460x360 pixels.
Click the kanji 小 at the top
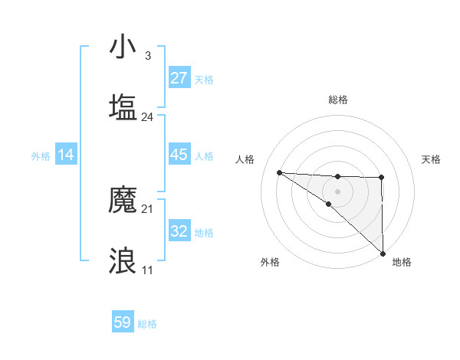pos(123,47)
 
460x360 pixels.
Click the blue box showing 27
pos(179,78)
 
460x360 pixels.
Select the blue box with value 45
pos(179,155)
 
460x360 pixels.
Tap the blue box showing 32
pos(179,231)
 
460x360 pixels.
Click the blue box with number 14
pos(66,155)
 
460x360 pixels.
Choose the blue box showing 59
pos(123,322)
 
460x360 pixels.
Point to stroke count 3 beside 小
pos(147,56)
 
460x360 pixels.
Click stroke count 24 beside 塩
pos(147,117)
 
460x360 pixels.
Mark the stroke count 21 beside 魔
pos(147,209)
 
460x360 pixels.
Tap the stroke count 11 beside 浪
pos(147,270)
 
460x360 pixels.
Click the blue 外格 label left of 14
pos(41,155)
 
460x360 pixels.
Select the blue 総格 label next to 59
pos(147,324)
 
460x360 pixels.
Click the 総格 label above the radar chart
pos(337,100)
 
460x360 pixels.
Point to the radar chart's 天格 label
pos(431,159)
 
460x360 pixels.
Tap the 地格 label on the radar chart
pos(402,262)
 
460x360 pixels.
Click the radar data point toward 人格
pos(279,172)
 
